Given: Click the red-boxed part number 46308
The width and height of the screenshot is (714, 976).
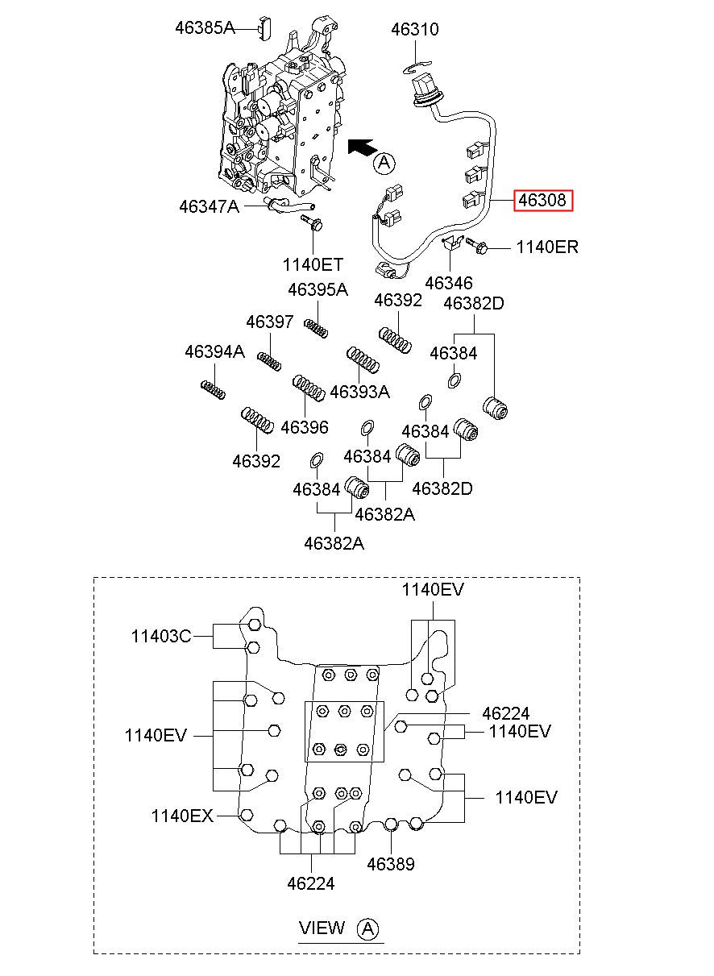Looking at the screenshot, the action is [543, 201].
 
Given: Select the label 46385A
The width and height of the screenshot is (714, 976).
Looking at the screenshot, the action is [205, 28].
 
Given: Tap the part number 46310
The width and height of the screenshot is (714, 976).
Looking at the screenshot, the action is [414, 30].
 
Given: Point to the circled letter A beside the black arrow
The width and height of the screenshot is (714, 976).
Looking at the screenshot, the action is [384, 163].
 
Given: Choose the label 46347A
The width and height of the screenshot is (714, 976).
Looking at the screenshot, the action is [209, 206].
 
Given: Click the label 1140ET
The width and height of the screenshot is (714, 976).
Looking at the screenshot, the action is [313, 264].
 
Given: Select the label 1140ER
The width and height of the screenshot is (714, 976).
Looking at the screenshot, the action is [547, 247].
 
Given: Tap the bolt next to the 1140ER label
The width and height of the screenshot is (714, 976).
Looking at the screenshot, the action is [477, 245].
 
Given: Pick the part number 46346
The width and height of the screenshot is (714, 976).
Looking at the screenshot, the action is [449, 283].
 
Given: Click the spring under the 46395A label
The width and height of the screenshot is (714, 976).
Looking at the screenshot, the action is [316, 328].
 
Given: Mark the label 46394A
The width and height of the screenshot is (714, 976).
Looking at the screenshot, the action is [215, 351].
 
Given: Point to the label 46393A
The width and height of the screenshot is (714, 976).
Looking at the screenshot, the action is [360, 392].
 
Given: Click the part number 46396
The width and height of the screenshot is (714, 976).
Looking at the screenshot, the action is [305, 427].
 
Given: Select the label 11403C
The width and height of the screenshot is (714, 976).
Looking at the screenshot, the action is [161, 637].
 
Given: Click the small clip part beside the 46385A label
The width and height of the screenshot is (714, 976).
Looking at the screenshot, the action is [265, 28].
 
